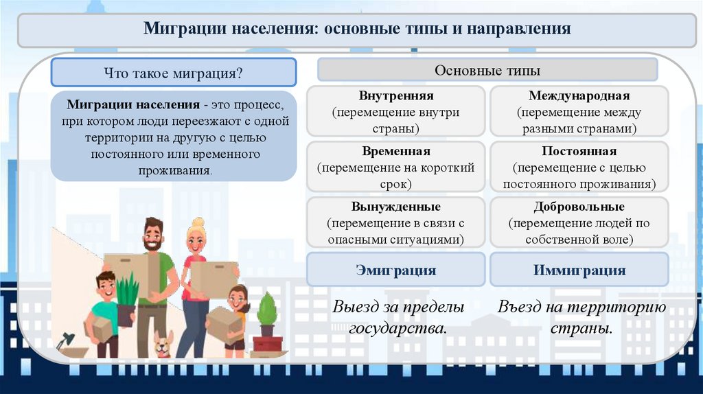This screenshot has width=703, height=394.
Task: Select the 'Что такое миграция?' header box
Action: pos(173,72)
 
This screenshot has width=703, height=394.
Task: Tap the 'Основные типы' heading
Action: pos(487,70)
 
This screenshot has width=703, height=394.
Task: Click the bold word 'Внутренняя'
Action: pos(395,96)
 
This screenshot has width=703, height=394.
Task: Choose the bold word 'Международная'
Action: pos(579,96)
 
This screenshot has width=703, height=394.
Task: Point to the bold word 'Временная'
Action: pos(395,152)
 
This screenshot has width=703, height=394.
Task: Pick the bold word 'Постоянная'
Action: pos(579,152)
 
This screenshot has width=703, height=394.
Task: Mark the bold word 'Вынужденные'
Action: pos(395,207)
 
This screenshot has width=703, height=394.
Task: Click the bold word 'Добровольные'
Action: pos(579,207)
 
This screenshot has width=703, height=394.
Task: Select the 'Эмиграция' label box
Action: pos(395,270)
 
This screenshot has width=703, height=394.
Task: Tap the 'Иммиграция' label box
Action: pos(579,270)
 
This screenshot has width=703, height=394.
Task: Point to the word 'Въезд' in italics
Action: pos(522,307)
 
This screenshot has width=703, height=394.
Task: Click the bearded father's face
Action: pos(153,237)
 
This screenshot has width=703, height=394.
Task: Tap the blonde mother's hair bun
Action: pos(198,222)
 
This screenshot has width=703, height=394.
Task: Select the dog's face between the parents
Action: pos(163,343)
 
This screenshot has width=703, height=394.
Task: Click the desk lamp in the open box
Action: pos(66,340)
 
